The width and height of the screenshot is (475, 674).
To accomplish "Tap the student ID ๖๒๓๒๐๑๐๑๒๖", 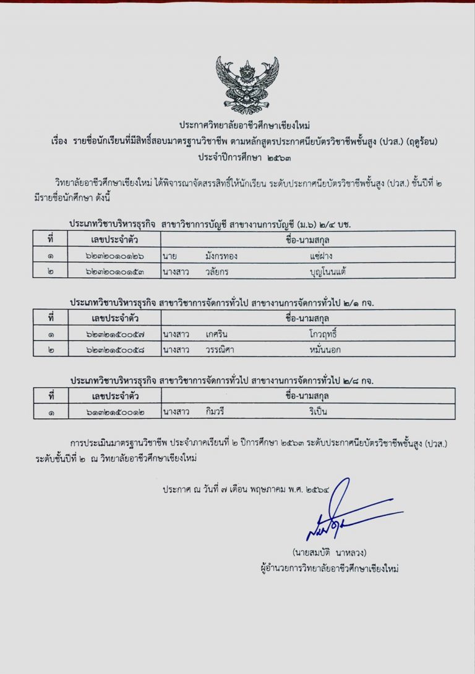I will pos(114,255).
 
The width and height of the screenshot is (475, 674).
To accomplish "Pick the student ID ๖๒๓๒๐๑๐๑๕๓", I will pos(114,270).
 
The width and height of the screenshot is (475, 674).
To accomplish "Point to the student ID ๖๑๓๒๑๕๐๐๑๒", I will pos(114,411).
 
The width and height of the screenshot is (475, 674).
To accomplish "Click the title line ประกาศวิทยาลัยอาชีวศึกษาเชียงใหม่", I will pos(247,125).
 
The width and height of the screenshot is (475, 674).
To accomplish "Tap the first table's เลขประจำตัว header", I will pos(114,238).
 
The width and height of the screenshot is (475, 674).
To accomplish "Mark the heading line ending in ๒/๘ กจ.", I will pos(222,379).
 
